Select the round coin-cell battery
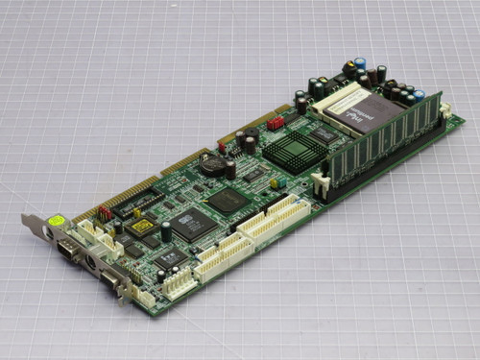pyautogui.click(x=213, y=164)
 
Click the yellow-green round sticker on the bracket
pyautogui.click(x=58, y=220)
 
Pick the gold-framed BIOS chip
pyautogui.click(x=142, y=227)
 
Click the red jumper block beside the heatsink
pyautogui.click(x=276, y=123)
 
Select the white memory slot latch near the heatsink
pyautogui.click(x=322, y=181)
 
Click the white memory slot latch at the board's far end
pyautogui.click(x=444, y=111)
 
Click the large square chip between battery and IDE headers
pyautogui.click(x=228, y=200)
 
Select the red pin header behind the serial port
pyautogui.click(x=105, y=213)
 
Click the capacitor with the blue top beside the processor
pyautogui.click(x=360, y=64)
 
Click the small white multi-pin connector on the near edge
pyautogui.click(x=179, y=281)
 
